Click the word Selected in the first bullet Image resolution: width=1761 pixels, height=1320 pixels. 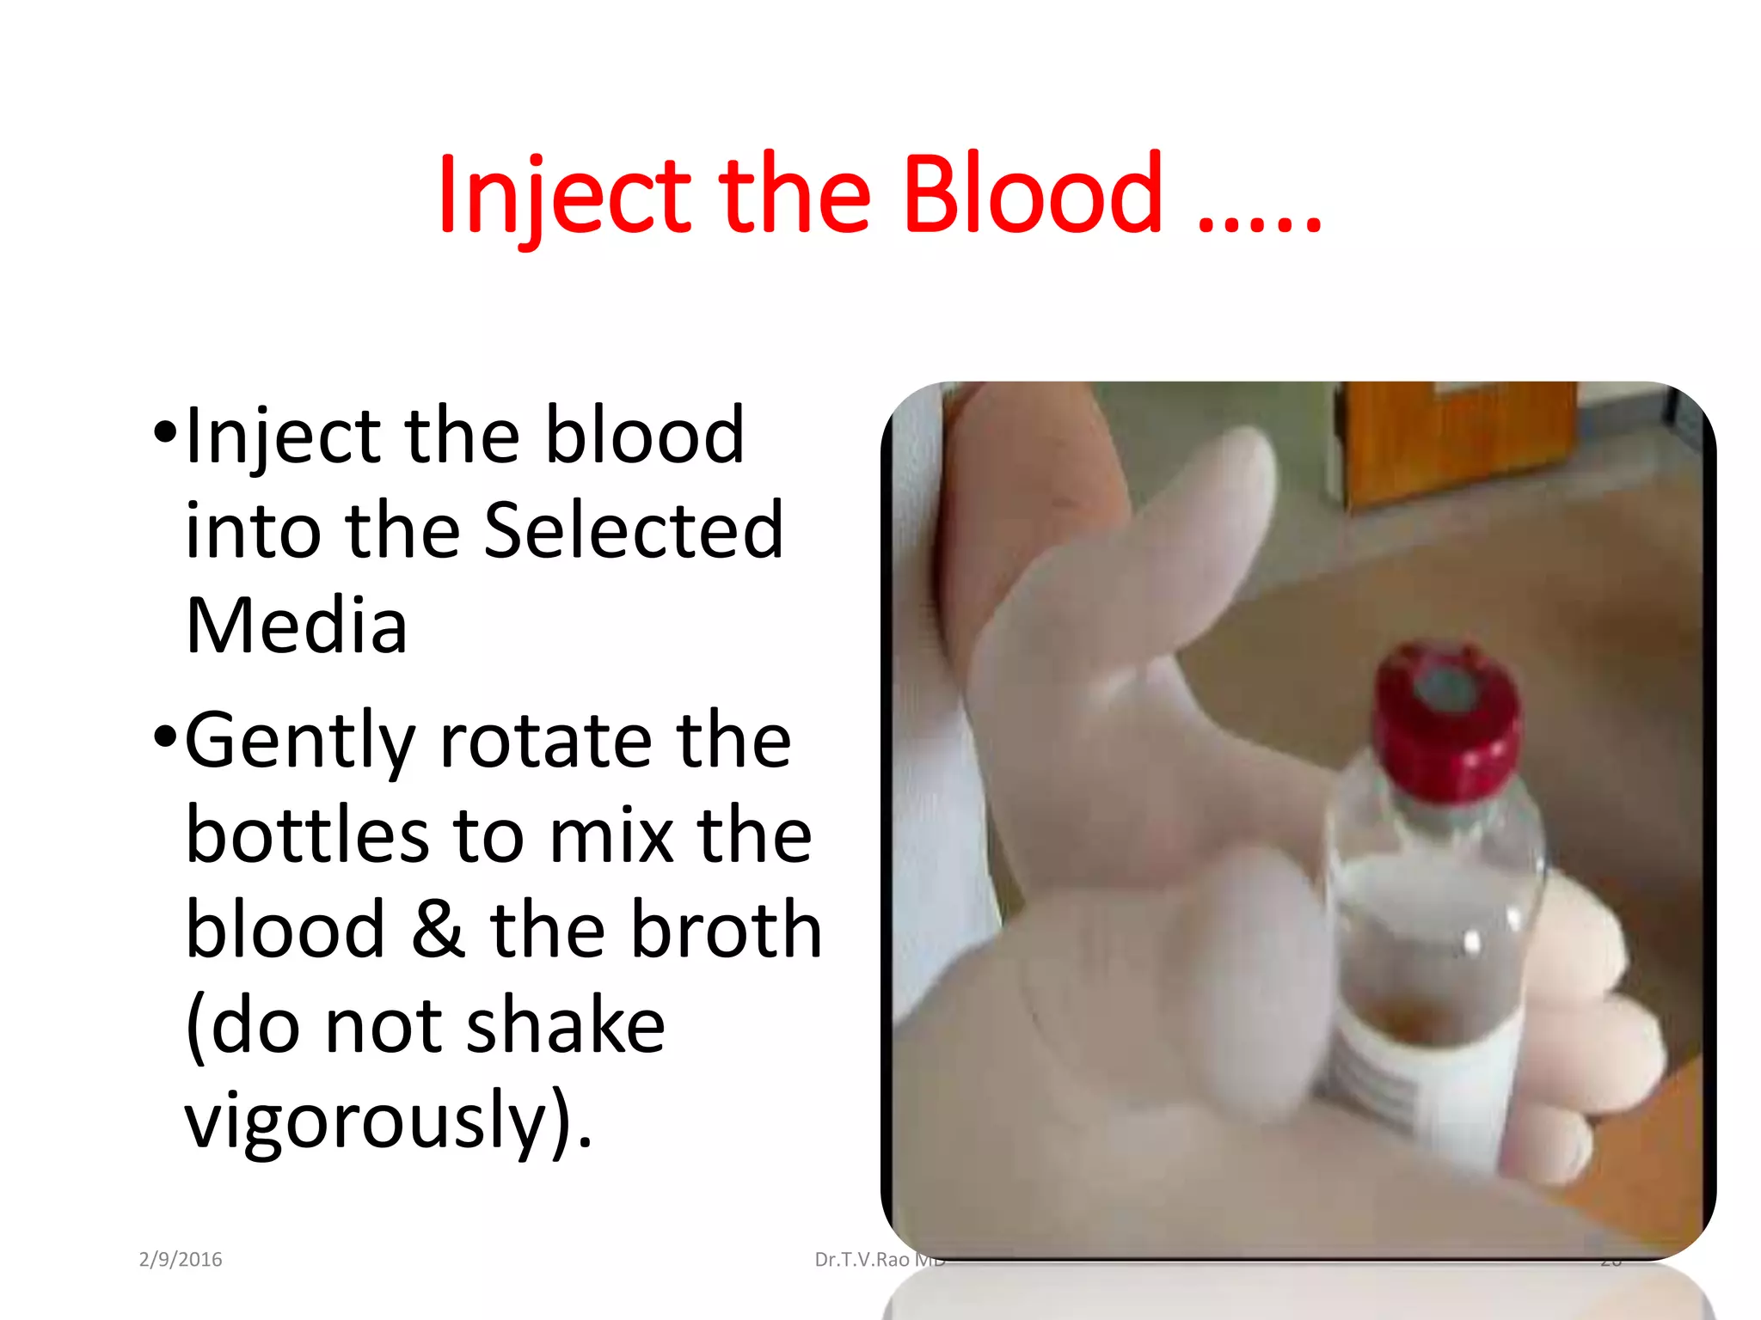tap(634, 530)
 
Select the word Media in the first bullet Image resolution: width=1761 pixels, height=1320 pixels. tap(297, 625)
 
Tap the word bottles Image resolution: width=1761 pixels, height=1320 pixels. tap(307, 835)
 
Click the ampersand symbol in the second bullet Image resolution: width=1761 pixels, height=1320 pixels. tap(438, 930)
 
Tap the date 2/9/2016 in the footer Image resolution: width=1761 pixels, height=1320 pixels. tap(181, 1260)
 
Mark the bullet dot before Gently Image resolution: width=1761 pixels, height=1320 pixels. tap(166, 736)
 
